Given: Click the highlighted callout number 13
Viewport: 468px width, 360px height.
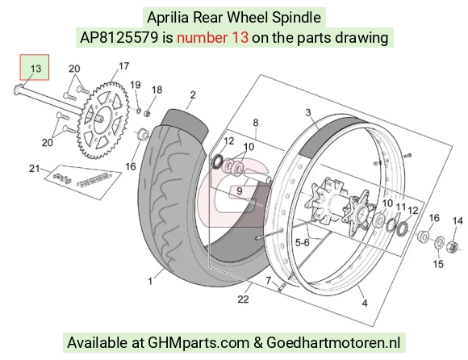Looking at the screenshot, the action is (x=36, y=69).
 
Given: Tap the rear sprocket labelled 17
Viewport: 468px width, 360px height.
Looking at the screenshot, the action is (x=102, y=120).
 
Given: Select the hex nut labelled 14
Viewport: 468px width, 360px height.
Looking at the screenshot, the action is (x=452, y=246).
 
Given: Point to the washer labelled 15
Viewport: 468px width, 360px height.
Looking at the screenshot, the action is (x=439, y=242).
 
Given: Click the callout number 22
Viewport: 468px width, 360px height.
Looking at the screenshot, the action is (x=243, y=299).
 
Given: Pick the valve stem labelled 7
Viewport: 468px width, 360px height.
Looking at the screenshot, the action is (x=282, y=287).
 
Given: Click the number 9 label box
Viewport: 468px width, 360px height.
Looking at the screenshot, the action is (x=240, y=191).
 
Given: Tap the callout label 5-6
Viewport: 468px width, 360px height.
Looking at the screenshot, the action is (x=303, y=243).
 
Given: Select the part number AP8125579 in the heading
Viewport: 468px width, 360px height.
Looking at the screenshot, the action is (x=119, y=38).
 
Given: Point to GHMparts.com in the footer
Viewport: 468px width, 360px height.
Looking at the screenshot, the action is (x=198, y=342).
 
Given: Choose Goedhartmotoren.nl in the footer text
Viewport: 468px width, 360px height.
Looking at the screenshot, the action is (x=333, y=342).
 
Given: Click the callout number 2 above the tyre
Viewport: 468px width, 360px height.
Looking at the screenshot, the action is (x=193, y=95).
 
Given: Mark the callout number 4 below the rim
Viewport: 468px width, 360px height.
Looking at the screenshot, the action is (x=365, y=303).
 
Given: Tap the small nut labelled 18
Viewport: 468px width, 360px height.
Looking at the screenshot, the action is (x=147, y=113).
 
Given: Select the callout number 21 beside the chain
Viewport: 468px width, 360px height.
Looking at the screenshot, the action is (x=35, y=169).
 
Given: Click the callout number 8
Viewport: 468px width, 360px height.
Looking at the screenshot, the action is (x=256, y=123).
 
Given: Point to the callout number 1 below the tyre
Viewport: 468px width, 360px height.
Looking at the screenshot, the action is (x=150, y=281).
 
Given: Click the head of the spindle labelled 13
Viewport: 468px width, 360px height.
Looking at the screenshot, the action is (x=17, y=90).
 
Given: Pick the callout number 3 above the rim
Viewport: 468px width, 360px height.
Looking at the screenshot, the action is (x=308, y=112).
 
